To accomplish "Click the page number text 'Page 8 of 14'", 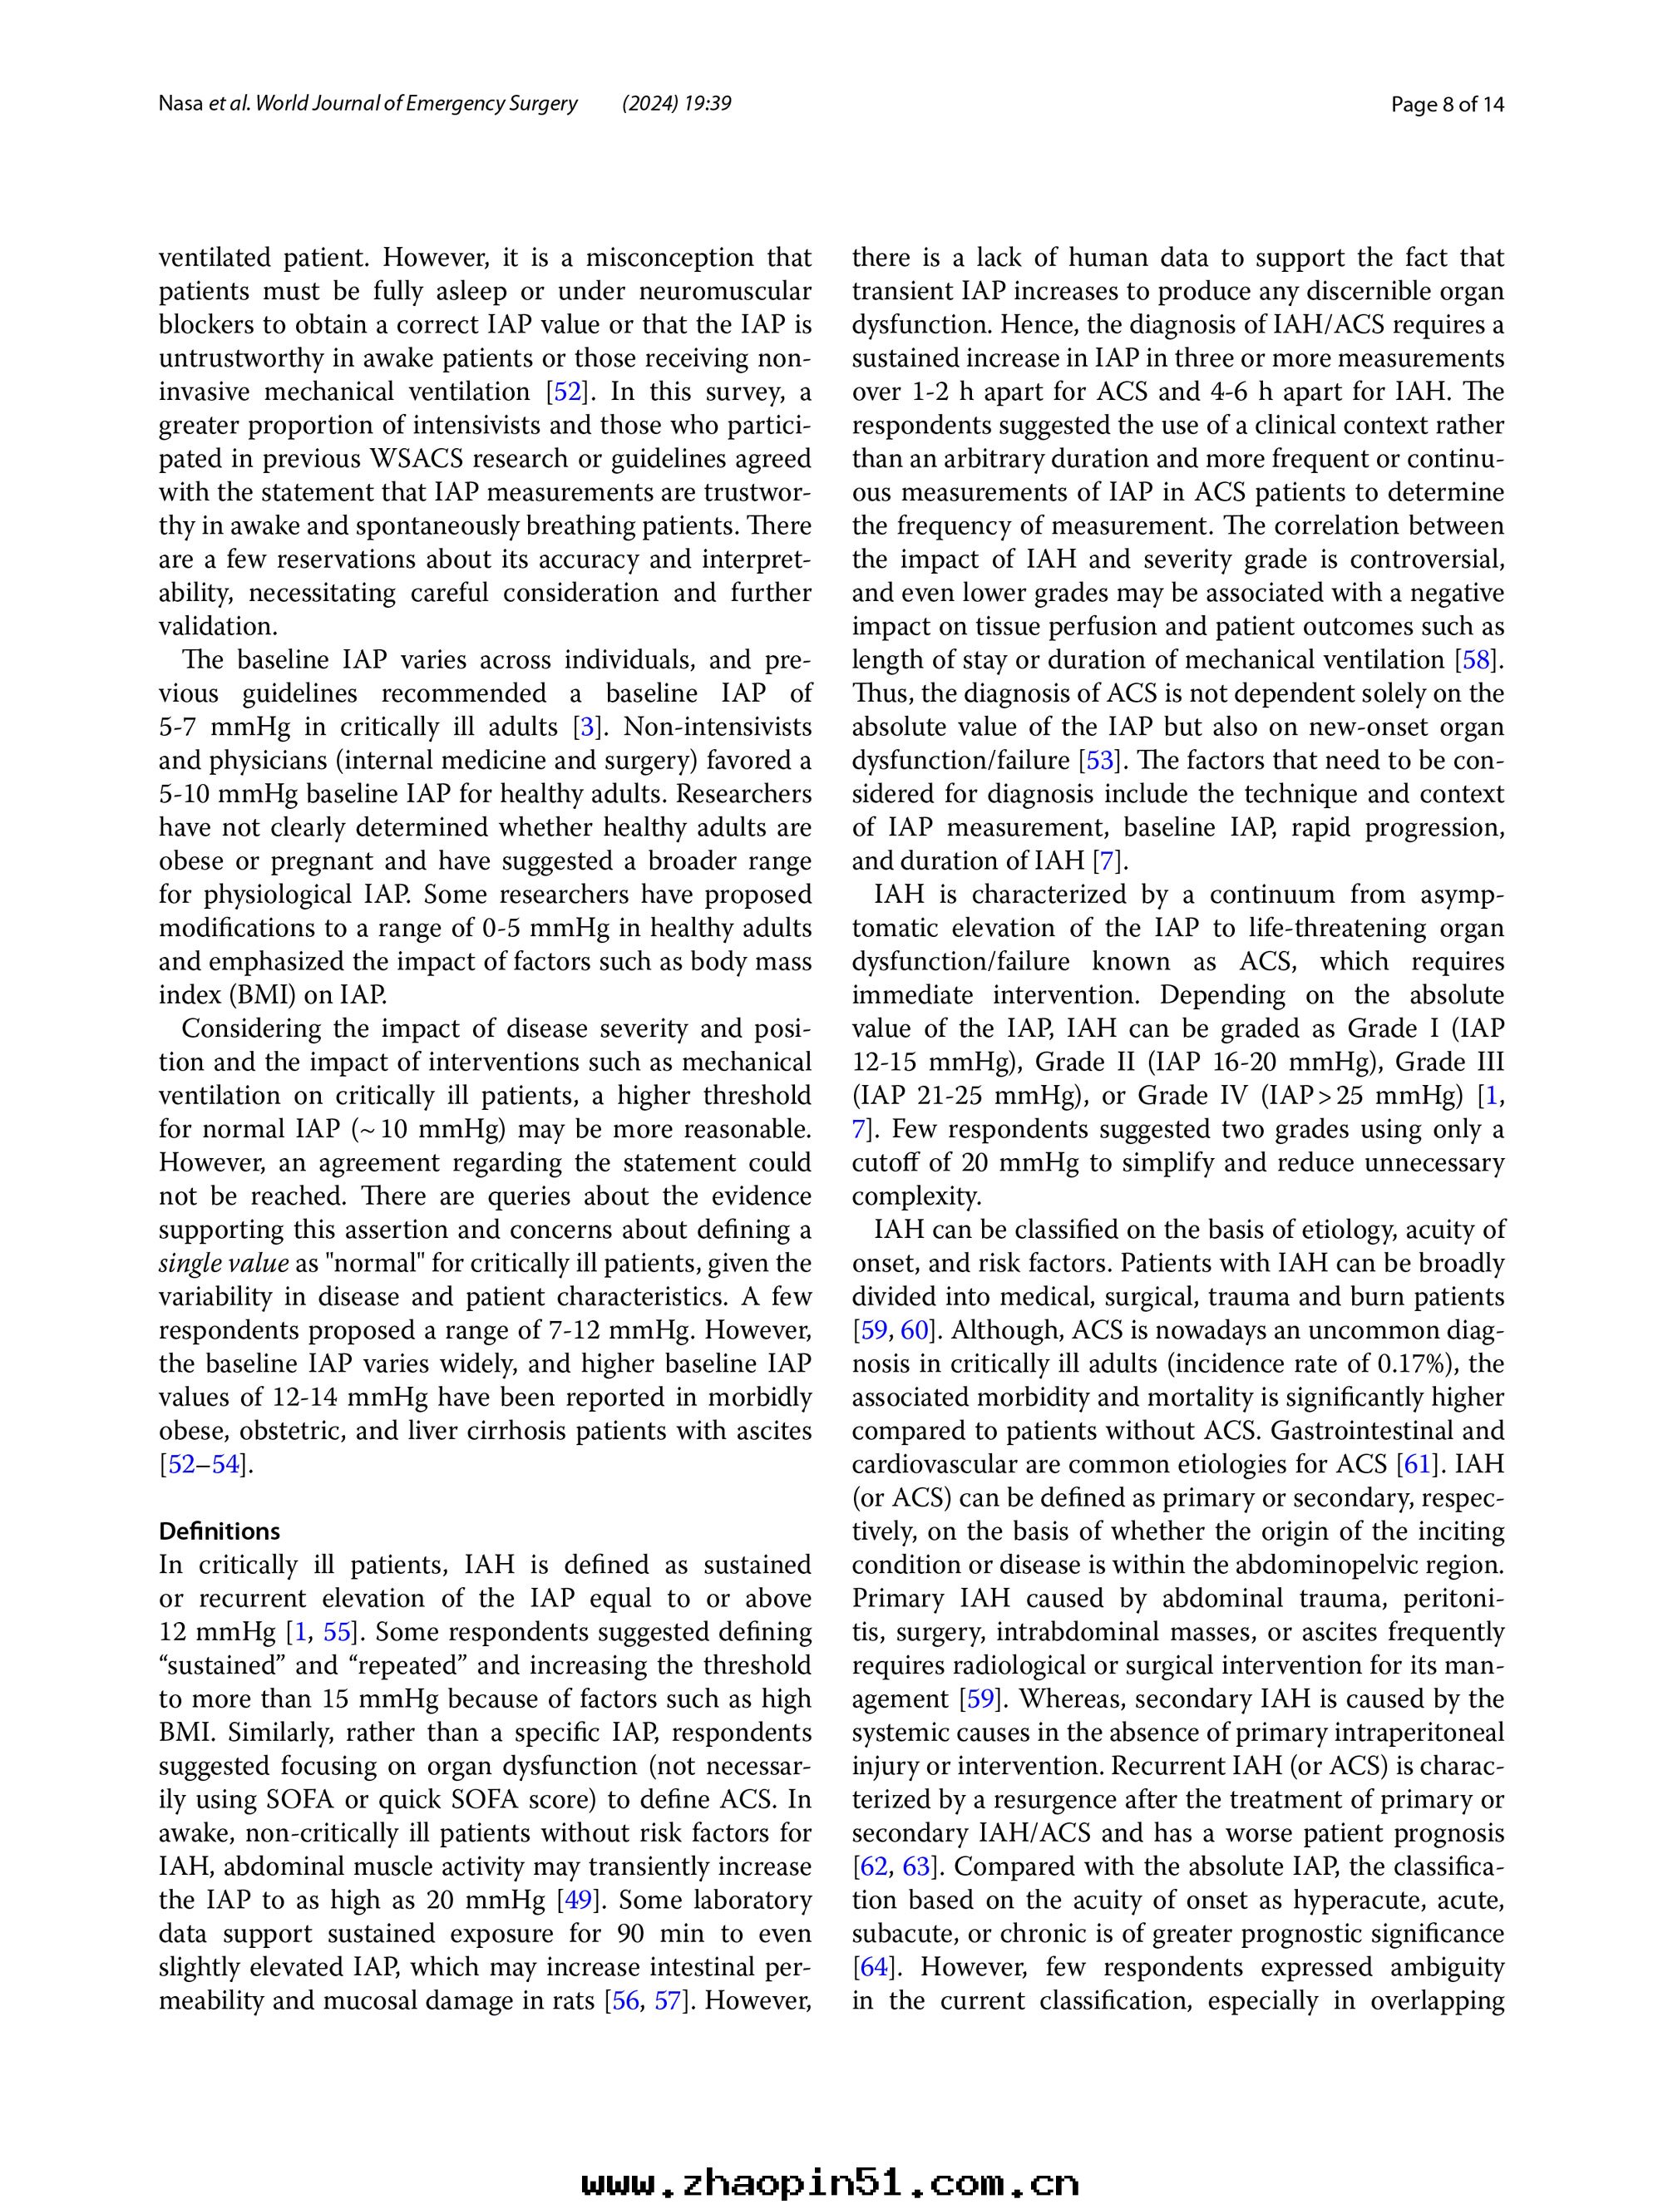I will (1448, 104).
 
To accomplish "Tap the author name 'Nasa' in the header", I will (180, 104).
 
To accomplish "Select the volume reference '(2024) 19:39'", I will (676, 104).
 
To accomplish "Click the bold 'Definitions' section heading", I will (220, 1531).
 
